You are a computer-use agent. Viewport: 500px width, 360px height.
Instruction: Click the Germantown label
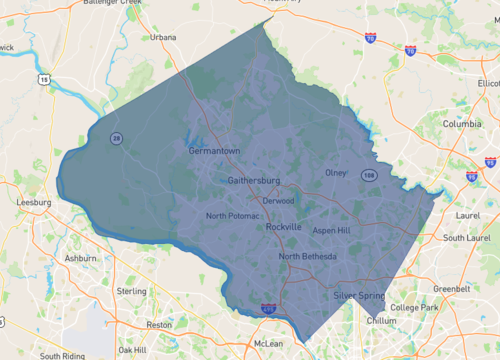click(214, 151)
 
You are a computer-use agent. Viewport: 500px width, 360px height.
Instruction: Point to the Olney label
click(336, 173)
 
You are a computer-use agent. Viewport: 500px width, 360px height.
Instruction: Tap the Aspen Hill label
click(332, 230)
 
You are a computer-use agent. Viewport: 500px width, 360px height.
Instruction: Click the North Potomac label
click(232, 216)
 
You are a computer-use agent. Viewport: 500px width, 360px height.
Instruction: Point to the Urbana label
click(162, 37)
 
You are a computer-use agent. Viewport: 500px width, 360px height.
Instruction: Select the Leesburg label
click(33, 201)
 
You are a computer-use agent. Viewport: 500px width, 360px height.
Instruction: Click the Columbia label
click(461, 123)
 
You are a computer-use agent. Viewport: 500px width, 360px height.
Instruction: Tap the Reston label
click(159, 325)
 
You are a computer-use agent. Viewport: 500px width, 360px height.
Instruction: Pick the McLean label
click(268, 343)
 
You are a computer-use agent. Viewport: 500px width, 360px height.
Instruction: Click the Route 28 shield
click(117, 139)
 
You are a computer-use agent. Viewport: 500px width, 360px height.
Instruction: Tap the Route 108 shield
click(369, 175)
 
